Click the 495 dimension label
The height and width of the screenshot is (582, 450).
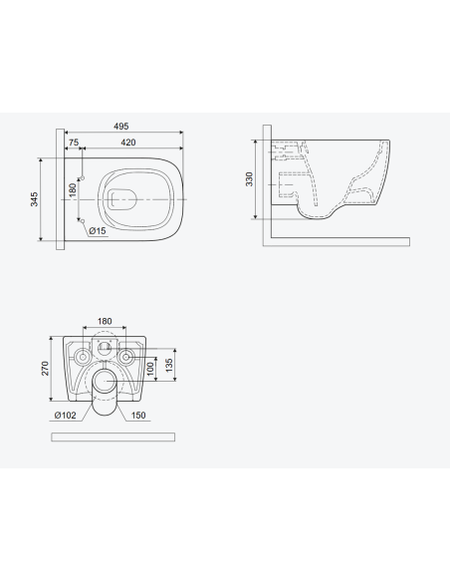(121, 127)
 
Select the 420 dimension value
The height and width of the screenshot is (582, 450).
(128, 143)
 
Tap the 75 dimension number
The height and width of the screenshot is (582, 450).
(74, 143)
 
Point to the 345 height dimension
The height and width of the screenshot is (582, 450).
(34, 199)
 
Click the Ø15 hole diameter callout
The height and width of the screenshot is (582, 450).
(98, 231)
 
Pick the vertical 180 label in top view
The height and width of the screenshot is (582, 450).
(73, 190)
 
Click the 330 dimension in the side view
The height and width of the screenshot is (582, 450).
(249, 179)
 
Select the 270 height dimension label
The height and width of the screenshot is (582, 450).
(45, 369)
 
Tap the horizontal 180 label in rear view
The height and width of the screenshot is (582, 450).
(105, 322)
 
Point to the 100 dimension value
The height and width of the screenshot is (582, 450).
(150, 369)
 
